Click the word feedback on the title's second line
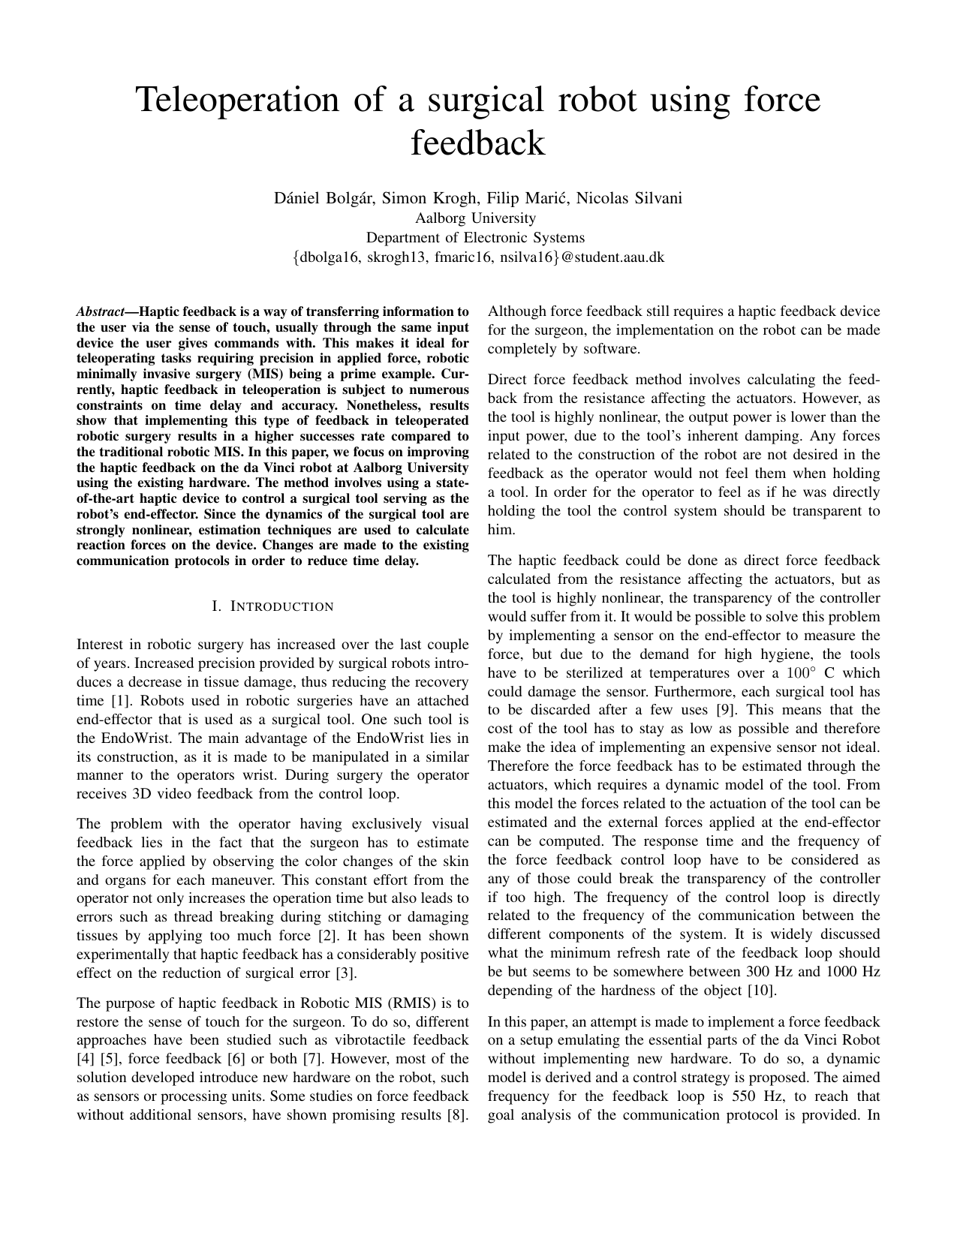click(478, 143)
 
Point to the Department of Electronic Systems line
click(475, 238)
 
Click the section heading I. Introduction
click(273, 606)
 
